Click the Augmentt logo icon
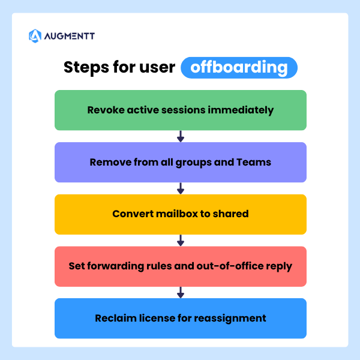pos(35,36)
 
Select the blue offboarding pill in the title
pos(239,67)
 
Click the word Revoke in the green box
pos(105,110)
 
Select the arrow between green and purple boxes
pos(181,136)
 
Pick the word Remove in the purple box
pos(109,162)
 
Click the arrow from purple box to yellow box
pos(181,188)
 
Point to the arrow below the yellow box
pos(181,241)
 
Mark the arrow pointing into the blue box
pos(181,293)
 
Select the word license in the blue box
pos(155,318)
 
